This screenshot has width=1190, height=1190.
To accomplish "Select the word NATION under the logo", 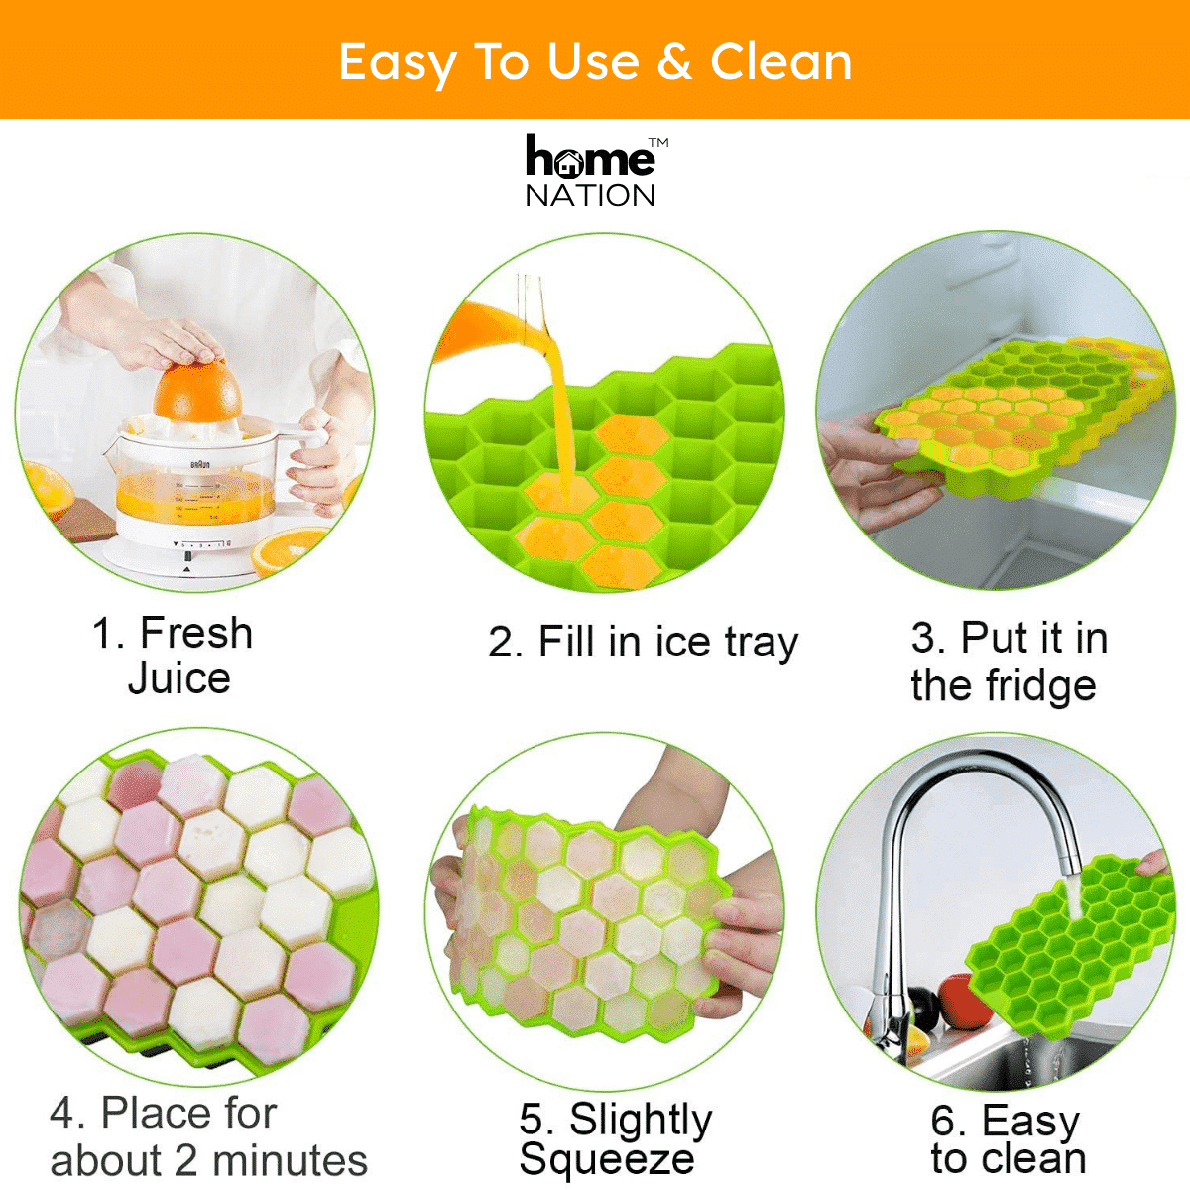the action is pyautogui.click(x=590, y=196).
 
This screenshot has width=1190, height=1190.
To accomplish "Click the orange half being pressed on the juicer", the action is pyautogui.click(x=197, y=391).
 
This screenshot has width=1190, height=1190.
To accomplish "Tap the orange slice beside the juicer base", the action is pyautogui.click(x=289, y=549).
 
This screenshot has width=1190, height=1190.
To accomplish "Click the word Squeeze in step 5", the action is pyautogui.click(x=607, y=1159).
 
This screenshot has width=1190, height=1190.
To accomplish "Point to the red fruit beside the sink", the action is pyautogui.click(x=964, y=1001).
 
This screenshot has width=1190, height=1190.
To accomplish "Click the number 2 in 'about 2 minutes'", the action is pyautogui.click(x=185, y=1161).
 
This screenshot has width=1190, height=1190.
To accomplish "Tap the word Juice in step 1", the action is pyautogui.click(x=179, y=678).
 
